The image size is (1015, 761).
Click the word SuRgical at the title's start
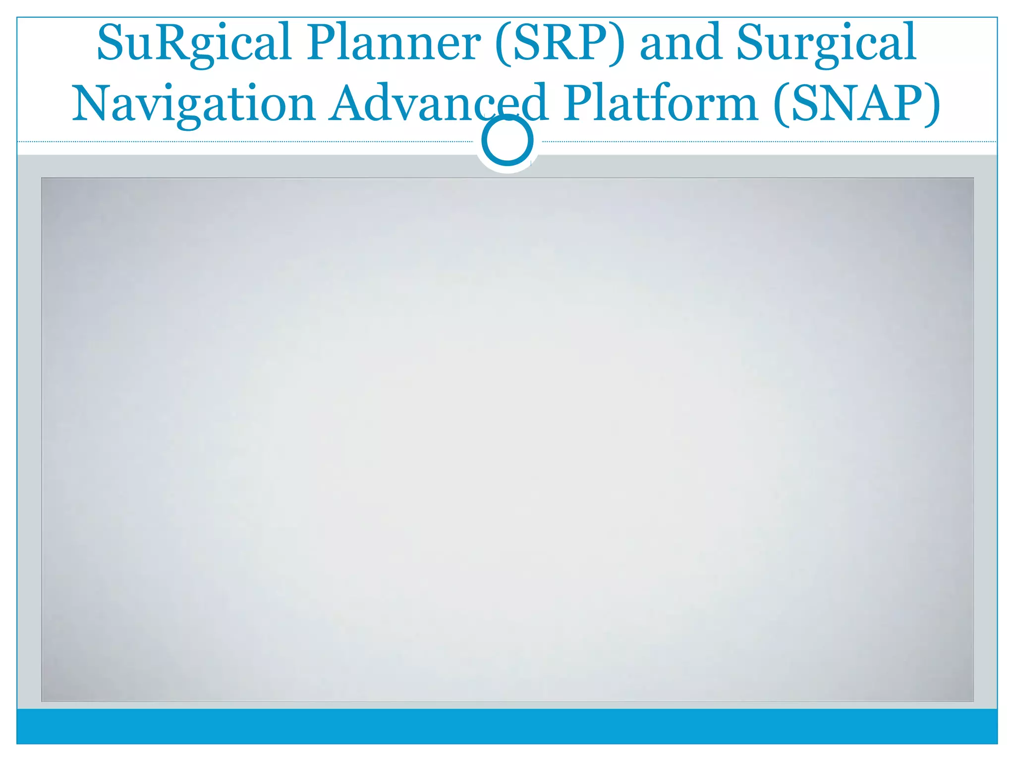coord(193,44)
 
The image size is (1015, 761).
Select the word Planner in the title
coord(394,44)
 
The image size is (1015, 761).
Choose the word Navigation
coord(194,104)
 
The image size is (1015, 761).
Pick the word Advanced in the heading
coord(439,104)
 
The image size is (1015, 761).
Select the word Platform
coord(661,104)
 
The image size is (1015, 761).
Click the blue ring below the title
coord(507,140)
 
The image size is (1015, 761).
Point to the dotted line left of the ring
coord(248,142)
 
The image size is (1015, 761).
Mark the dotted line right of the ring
coord(768,142)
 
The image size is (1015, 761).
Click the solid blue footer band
coord(507,726)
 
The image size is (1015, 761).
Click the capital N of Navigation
coord(91,104)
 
